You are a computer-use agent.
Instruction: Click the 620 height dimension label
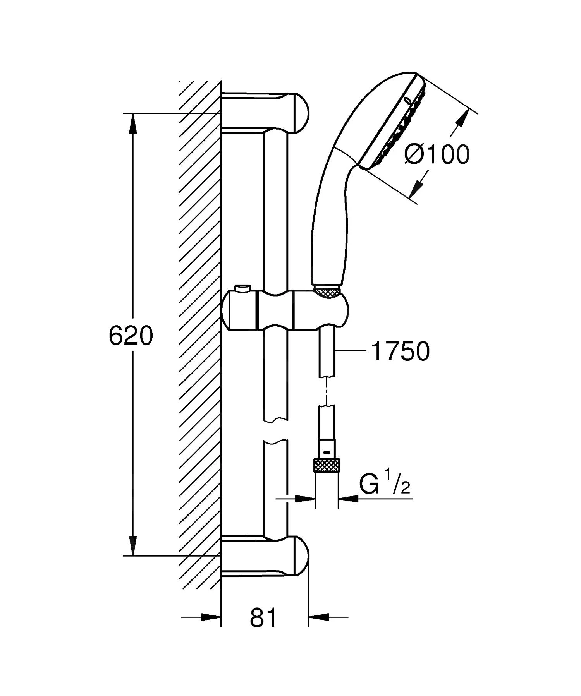131,336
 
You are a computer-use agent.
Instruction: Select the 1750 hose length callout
400,351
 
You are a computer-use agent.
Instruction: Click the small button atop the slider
242,288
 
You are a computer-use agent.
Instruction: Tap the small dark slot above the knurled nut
327,451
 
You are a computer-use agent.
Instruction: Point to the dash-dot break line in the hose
327,391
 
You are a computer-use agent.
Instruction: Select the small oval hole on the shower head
407,100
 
